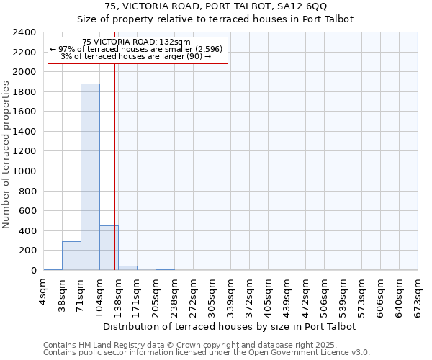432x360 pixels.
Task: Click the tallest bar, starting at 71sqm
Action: [90, 177]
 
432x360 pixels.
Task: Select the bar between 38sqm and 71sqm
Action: [71, 256]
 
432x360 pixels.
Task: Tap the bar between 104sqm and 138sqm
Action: [109, 248]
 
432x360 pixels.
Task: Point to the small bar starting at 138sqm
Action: [127, 268]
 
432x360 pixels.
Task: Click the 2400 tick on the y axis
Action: [25, 32]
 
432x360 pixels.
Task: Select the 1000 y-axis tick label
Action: [25, 171]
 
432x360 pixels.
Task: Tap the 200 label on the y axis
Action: [28, 251]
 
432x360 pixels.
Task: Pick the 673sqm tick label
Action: [418, 296]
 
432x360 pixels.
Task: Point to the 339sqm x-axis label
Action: [231, 296]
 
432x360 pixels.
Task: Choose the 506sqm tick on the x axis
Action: [325, 296]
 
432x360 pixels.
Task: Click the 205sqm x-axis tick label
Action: [156, 296]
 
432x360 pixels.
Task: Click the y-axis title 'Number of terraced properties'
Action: [6, 154]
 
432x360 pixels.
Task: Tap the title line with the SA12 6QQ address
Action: [215, 6]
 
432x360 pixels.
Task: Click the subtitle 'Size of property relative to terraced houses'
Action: [215, 19]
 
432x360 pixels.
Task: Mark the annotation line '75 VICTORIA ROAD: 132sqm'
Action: [136, 42]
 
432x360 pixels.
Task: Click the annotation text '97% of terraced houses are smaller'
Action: [137, 49]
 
